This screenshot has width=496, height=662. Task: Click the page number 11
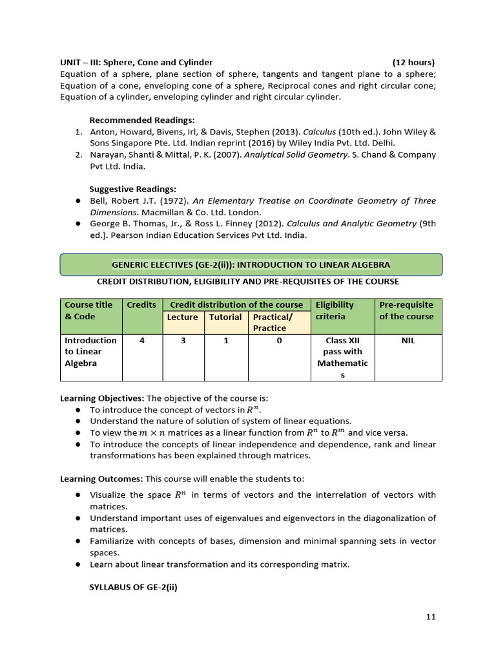(431, 617)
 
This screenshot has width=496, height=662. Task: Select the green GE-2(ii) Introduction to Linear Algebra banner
(251, 264)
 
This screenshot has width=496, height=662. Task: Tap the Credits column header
(141, 304)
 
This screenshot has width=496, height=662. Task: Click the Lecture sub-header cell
(183, 317)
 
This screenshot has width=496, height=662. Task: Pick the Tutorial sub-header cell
(225, 317)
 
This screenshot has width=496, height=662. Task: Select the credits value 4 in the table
(141, 340)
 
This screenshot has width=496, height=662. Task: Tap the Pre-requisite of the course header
(407, 310)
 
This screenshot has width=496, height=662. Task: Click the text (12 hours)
(413, 62)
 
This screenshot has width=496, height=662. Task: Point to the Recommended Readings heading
(141, 120)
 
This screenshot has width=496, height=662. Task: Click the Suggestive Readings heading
(132, 189)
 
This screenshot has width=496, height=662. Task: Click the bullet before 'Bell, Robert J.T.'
(77, 201)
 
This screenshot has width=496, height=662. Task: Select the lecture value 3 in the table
(183, 340)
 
